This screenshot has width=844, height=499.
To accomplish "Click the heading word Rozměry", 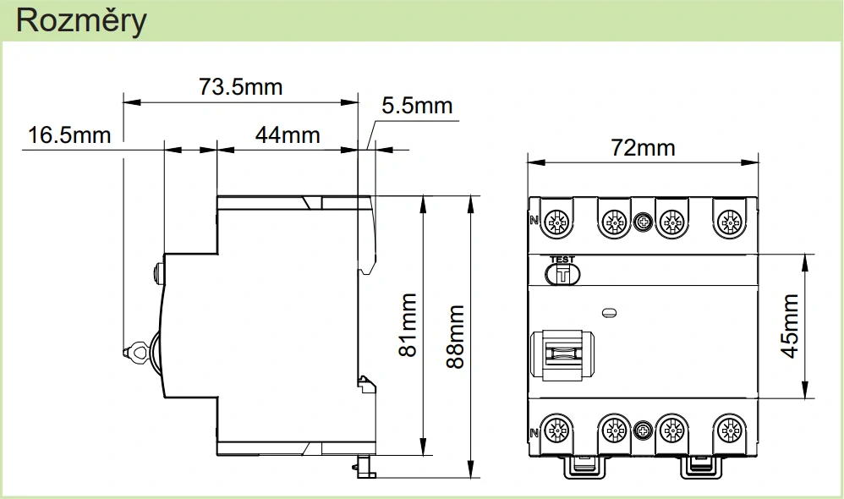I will tap(80, 21).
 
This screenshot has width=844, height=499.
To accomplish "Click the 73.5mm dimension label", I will tap(240, 86).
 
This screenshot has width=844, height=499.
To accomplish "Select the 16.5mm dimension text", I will tap(69, 135).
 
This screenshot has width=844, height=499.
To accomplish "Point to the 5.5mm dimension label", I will tap(417, 107).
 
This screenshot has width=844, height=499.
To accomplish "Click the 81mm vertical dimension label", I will tap(408, 325).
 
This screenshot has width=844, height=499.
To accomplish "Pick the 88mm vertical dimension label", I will tap(455, 337).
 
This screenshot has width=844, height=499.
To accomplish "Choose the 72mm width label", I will tap(644, 148).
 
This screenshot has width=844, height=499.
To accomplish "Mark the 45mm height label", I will tap(790, 326).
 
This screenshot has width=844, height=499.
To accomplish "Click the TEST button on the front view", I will tap(562, 272).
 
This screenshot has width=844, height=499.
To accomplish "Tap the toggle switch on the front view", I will tap(560, 356).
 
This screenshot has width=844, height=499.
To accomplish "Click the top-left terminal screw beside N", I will tap(556, 222).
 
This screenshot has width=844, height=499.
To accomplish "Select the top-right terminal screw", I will tap(728, 222).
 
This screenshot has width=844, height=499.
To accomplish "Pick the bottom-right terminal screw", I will tap(728, 430).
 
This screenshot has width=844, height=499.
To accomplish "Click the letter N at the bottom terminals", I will tap(534, 433).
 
